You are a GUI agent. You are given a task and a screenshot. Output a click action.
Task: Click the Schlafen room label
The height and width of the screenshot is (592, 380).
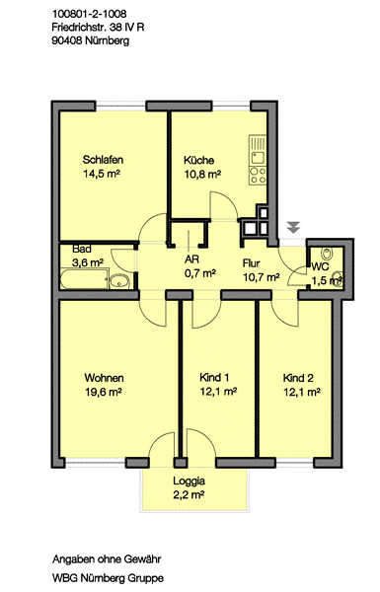pyautogui.click(x=103, y=160)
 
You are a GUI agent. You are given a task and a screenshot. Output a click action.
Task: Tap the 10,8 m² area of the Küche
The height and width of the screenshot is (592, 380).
pyautogui.click(x=202, y=174)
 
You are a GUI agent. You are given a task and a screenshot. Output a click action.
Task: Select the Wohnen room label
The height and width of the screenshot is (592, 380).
pyautogui.click(x=104, y=378)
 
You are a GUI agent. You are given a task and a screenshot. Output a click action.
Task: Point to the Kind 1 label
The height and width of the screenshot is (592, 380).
pyautogui.click(x=214, y=377)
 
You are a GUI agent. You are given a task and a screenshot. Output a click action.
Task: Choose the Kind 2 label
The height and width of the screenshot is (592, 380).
pyautogui.click(x=298, y=378)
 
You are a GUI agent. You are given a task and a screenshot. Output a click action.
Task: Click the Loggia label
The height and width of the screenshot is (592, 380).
pyautogui.click(x=189, y=481)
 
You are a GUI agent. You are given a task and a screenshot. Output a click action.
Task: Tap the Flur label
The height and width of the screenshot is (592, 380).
pyautogui.click(x=251, y=262)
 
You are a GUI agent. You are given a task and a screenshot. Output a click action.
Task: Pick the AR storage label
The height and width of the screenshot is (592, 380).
pyautogui.click(x=191, y=259)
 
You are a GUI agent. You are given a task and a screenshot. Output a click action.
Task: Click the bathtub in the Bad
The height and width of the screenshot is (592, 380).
pyautogui.click(x=84, y=278)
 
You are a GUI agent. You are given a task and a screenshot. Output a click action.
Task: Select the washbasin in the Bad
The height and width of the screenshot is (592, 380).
pyautogui.click(x=119, y=281)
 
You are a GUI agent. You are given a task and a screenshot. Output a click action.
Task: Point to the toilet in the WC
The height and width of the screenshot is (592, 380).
pyautogui.click(x=327, y=254)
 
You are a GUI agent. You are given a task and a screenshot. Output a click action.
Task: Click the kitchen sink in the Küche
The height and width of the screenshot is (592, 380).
pyautogui.click(x=259, y=156)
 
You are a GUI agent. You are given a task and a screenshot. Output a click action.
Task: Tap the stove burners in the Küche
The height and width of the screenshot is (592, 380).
pyautogui.click(x=259, y=176)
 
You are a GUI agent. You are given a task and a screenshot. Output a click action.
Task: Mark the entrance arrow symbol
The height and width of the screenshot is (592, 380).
pyautogui.click(x=293, y=227)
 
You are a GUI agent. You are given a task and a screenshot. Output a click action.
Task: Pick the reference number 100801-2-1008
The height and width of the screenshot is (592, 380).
pyautogui.click(x=89, y=14)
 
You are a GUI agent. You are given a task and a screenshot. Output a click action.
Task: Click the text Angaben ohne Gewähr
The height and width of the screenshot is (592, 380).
pyautogui.click(x=107, y=559)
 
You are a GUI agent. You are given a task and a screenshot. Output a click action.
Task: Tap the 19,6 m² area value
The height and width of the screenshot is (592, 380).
pyautogui.click(x=103, y=392)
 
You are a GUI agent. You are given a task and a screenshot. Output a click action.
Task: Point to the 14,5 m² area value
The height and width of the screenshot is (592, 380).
pyautogui.click(x=102, y=174)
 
